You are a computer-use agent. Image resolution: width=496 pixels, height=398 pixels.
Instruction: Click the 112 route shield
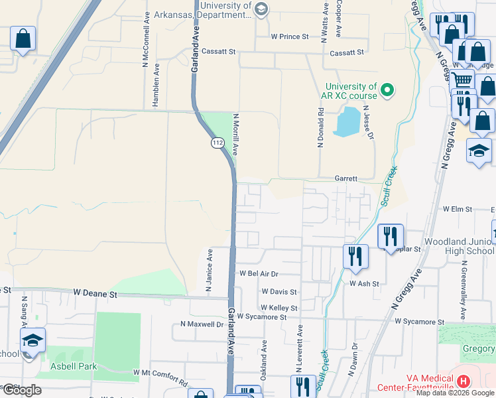point(217,143)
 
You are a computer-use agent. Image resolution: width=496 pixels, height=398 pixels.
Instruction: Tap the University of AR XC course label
point(350,91)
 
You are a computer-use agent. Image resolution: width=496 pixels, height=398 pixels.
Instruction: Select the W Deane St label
point(95,293)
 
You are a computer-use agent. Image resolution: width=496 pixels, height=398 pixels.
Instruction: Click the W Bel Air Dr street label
point(259,273)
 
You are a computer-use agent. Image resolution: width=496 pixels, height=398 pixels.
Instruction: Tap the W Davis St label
point(279,291)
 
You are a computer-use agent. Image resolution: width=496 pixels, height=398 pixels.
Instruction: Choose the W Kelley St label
point(279,308)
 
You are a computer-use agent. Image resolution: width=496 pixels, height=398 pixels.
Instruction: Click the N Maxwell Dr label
point(202,324)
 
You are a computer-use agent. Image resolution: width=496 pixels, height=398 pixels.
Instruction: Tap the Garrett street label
point(345,178)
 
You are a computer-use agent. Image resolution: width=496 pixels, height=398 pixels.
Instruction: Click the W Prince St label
point(290,36)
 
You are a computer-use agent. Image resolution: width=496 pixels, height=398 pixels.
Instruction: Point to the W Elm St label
point(457,209)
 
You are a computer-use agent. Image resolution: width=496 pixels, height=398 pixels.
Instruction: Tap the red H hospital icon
point(463,382)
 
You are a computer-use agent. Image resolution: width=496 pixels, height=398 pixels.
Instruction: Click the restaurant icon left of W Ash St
point(355,256)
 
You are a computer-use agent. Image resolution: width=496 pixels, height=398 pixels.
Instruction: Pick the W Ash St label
point(364,283)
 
